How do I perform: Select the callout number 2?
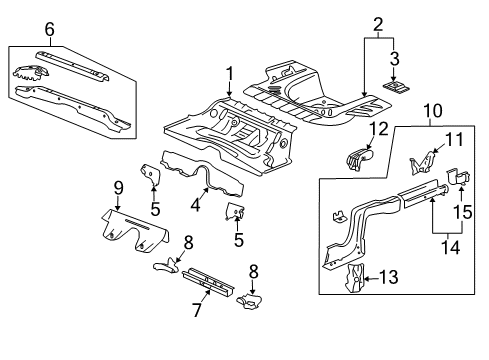click(377, 22)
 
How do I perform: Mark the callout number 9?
click(117, 186)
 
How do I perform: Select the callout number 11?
click(452, 139)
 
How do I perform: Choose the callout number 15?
click(462, 213)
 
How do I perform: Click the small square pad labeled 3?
click(393, 86)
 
